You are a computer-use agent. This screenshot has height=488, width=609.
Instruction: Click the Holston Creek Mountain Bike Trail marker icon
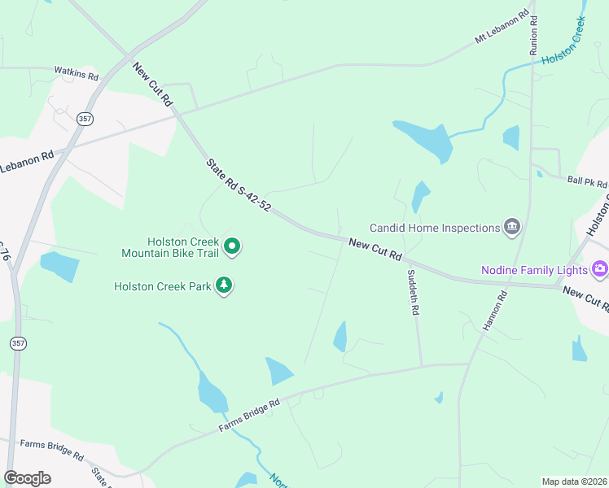(x=232, y=246)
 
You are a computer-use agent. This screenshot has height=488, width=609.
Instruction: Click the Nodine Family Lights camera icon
(x=600, y=268)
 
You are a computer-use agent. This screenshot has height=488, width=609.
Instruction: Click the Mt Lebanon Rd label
(x=506, y=28)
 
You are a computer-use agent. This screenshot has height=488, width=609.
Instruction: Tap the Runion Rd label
(x=534, y=33)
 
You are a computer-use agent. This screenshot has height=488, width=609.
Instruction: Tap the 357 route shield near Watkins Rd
(x=85, y=119)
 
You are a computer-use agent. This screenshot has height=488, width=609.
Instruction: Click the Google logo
(x=27, y=478)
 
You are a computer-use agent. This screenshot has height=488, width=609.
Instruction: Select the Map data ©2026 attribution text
(x=574, y=481)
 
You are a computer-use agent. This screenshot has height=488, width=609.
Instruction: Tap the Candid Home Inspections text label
(x=434, y=228)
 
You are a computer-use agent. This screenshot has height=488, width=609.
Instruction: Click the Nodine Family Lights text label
(x=533, y=268)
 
